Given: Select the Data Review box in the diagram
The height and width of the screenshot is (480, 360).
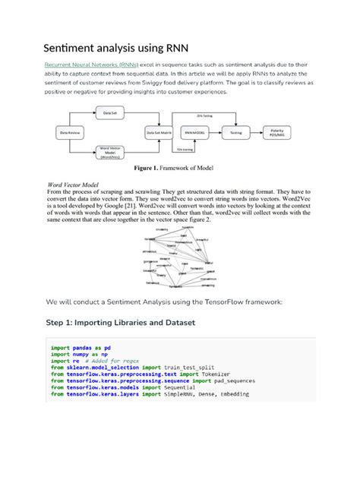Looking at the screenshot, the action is [x=69, y=132].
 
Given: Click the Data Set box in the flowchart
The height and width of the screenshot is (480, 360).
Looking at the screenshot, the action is [x=110, y=112].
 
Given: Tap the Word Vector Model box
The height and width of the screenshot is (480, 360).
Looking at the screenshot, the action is [x=110, y=152].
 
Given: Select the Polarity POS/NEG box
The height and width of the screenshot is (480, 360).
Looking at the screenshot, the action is [x=276, y=132].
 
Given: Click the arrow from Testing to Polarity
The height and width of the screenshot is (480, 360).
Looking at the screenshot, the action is [x=256, y=132].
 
